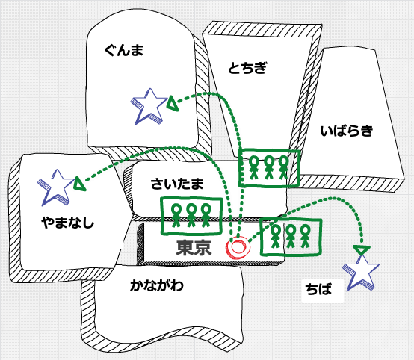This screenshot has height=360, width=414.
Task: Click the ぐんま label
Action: coord(124,50)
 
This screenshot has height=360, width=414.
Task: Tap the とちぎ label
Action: coord(247,68)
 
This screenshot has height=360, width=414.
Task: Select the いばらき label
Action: coord(347,131)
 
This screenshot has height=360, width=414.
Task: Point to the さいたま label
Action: coord(177,184)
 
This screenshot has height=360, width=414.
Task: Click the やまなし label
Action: coord(68,223)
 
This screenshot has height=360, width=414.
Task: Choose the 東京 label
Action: coord(194,247)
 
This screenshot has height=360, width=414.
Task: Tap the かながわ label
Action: coord(157,285)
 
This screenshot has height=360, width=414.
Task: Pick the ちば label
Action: coord(318,289)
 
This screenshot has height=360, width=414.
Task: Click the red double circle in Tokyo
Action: coord(238,247)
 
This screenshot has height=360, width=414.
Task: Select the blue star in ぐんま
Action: coord(149,106)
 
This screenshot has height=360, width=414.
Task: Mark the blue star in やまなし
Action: coord(57,187)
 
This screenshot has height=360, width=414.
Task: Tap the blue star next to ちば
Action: coord(361,273)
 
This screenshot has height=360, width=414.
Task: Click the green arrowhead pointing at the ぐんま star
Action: coord(173,103)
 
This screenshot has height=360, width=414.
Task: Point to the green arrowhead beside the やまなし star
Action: coord(80,184)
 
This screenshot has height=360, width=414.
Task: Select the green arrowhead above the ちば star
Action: coord(362,250)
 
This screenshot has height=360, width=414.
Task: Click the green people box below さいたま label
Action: coord(191,216)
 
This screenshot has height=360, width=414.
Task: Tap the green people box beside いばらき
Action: coord(269,168)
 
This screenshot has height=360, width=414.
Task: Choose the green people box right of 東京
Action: coord(291,237)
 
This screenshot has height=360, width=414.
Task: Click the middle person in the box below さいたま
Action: coord(191,216)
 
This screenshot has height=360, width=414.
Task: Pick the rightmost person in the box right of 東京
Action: coord(305,236)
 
